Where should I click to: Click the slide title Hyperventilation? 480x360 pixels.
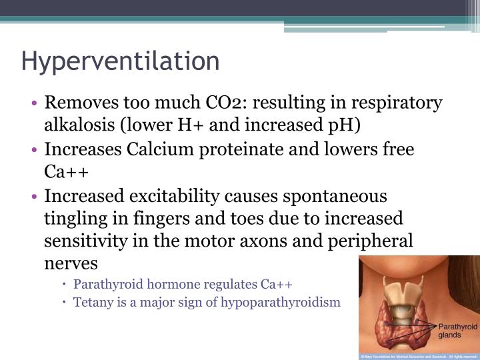tap(120, 61)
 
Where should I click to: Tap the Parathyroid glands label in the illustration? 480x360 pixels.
tap(457, 331)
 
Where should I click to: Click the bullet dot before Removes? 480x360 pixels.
tap(34, 104)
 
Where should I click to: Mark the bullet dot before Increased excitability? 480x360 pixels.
tap(34, 197)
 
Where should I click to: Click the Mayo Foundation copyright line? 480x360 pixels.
tap(419, 356)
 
